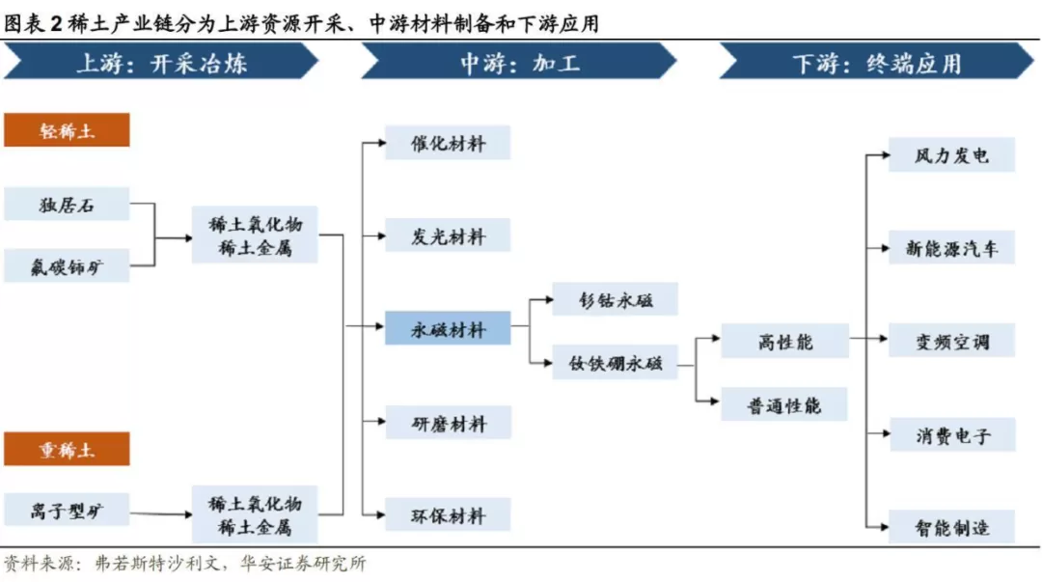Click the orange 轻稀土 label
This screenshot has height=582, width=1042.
(67, 129)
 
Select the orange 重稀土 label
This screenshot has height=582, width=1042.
(67, 449)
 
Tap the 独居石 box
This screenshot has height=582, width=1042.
(67, 205)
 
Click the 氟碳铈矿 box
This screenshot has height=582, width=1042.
(67, 266)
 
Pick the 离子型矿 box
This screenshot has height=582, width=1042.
(67, 511)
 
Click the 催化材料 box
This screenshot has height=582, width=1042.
(448, 142)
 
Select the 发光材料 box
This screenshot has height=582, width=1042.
(448, 236)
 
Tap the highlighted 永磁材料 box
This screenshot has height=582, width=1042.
(448, 328)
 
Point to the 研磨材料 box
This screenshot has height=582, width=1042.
(448, 423)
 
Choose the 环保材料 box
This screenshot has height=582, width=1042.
(448, 514)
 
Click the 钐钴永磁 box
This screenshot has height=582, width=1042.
(615, 299)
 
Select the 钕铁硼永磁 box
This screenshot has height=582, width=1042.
(615, 363)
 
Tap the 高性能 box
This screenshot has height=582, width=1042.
(784, 342)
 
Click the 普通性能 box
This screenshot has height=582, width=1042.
(784, 404)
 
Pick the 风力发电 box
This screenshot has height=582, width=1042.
(951, 155)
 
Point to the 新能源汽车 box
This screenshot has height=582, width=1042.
(951, 247)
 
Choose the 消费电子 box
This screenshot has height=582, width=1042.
(951, 435)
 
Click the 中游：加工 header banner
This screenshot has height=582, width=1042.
(518, 61)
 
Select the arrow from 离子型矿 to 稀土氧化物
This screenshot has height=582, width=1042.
(161, 513)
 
